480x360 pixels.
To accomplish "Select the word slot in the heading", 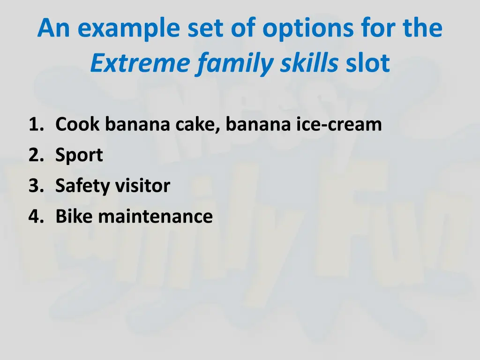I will pos(368,64).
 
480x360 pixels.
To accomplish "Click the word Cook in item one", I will pos(78,125).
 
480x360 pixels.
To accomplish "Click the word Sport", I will pos(79,156).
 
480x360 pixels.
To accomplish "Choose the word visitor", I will pos(142,186).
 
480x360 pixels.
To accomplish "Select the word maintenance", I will pos(156,217).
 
